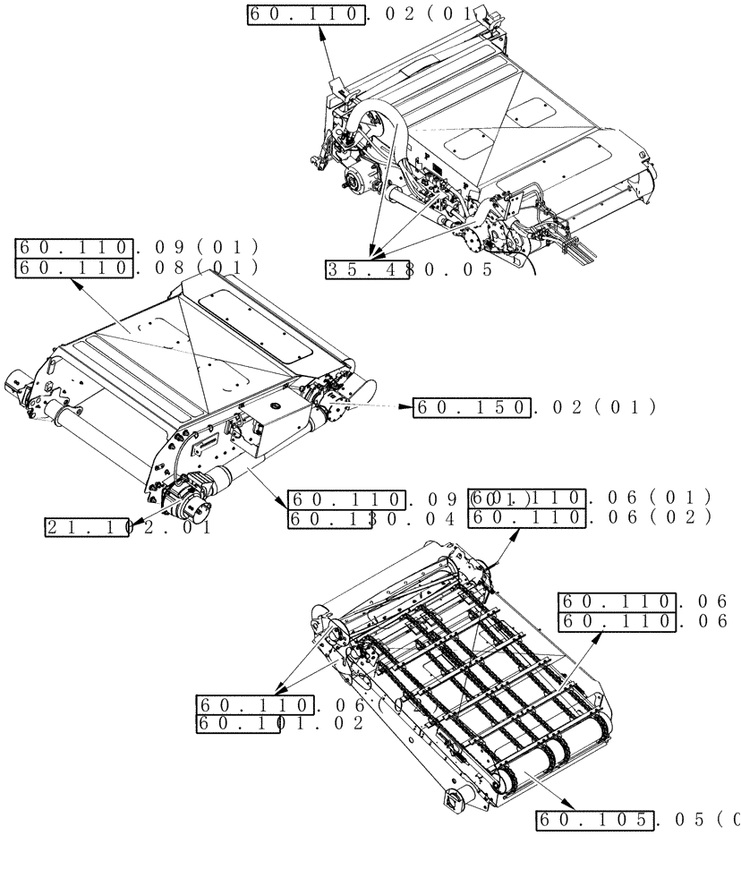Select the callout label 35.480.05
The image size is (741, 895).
[x=408, y=269]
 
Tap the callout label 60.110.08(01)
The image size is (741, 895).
[x=137, y=268]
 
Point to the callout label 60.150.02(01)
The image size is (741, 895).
[x=534, y=408]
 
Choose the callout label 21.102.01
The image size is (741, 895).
[x=129, y=527]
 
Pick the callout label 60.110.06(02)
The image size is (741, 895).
[x=590, y=518]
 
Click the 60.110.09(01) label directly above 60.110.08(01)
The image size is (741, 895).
[x=137, y=247]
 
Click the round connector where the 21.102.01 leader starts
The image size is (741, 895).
[x=190, y=507]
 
